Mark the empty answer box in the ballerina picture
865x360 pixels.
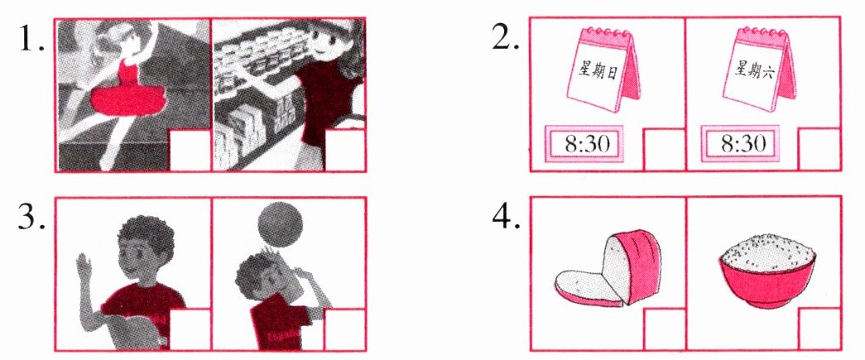click(190, 150)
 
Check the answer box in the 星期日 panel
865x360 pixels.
click(664, 150)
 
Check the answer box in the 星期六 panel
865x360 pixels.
click(819, 150)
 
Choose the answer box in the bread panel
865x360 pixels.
click(664, 329)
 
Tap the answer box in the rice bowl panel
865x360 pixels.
click(819, 329)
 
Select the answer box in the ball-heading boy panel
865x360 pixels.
click(345, 329)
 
